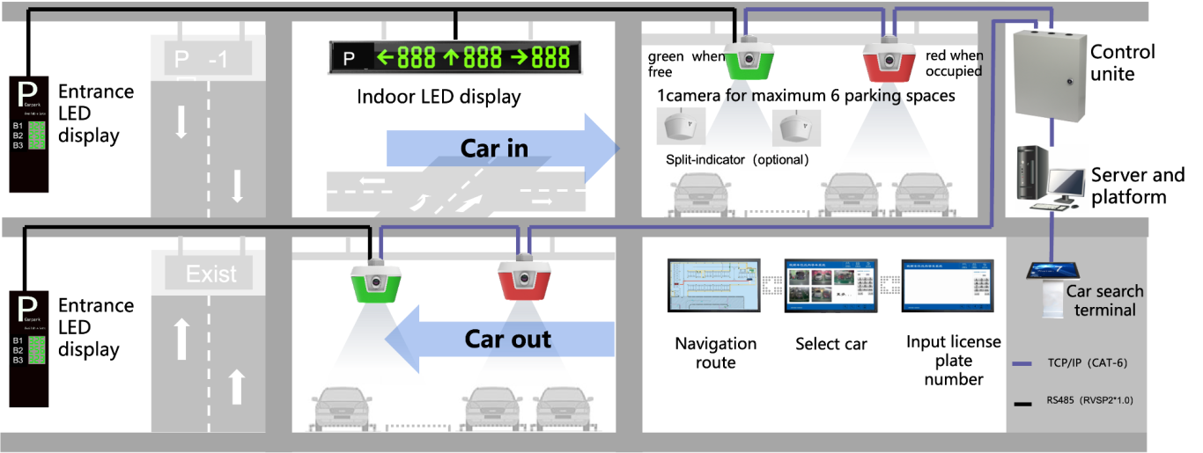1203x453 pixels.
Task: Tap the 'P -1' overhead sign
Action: (x=201, y=59)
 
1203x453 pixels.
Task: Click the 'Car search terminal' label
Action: (x=1104, y=300)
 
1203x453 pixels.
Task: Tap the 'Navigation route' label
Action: (x=715, y=352)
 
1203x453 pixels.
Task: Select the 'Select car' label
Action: (x=830, y=344)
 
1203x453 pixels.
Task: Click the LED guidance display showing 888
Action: (x=455, y=58)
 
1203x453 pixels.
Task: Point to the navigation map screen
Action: (x=714, y=286)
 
